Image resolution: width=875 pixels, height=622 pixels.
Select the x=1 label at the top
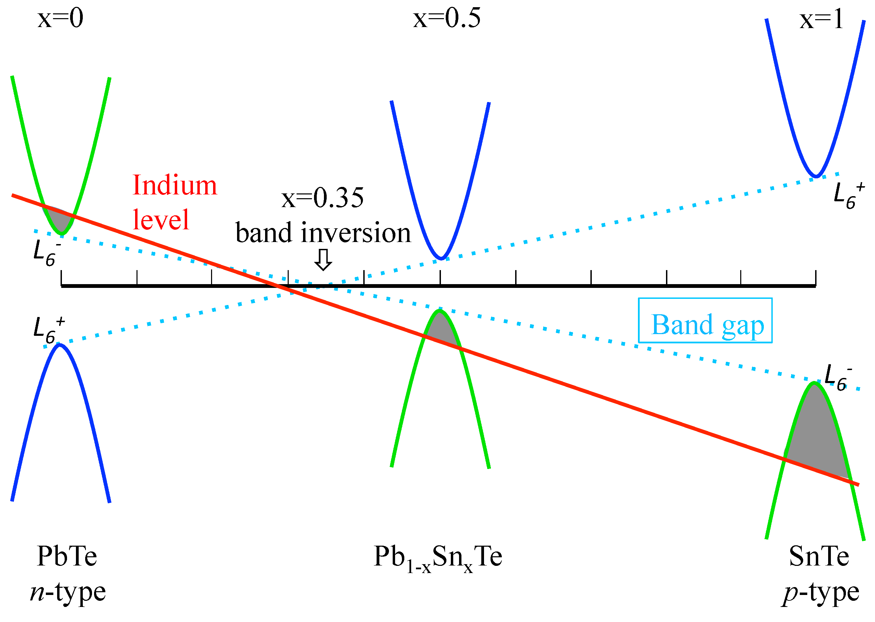click(x=821, y=19)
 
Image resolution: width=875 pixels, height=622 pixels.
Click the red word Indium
click(x=174, y=186)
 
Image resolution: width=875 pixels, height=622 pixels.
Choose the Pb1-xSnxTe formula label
click(x=437, y=558)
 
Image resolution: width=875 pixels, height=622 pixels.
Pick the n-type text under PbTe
click(x=68, y=593)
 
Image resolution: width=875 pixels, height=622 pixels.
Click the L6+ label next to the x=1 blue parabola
click(x=848, y=196)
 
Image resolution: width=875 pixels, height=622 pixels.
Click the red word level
click(x=161, y=220)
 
